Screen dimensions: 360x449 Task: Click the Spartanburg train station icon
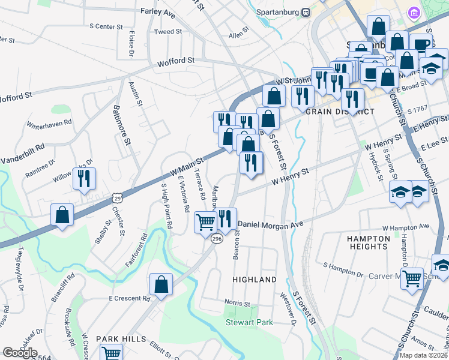306,12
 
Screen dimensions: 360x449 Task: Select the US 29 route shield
117,197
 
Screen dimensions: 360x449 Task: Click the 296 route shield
217,239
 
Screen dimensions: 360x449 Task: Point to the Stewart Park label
249,322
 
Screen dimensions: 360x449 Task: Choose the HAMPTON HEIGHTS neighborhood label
367,242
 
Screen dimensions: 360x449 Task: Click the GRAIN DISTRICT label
340,112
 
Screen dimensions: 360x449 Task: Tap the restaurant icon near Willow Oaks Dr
83,178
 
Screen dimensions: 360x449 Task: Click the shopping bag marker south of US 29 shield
62,214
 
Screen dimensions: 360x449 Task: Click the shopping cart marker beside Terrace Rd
205,222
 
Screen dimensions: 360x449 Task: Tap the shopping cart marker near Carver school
411,278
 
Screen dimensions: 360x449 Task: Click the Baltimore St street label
121,125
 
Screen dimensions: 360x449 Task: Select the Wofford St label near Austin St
176,61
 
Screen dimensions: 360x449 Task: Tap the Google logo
20,353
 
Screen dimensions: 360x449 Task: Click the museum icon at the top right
414,13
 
